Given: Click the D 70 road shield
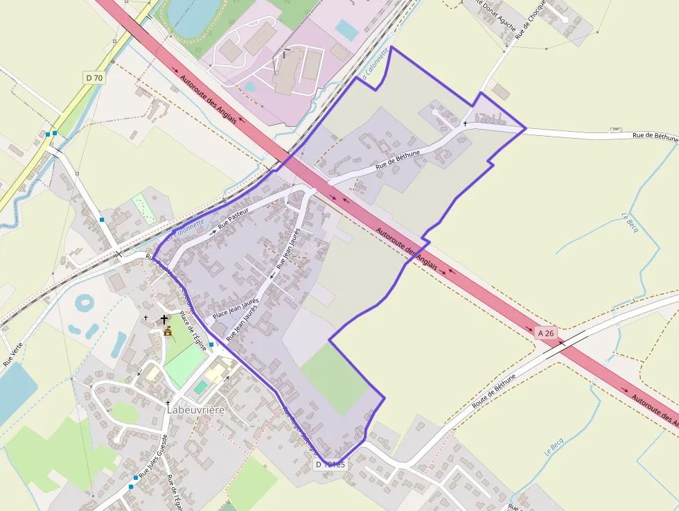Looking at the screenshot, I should coord(94,78).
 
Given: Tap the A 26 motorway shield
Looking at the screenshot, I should coord(547,333).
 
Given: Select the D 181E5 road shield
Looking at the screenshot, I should coord(330,465).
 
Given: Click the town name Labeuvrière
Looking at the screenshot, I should coord(196,410).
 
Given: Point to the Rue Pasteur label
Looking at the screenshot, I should coord(233,219).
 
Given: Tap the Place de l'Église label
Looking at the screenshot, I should coord(193,332).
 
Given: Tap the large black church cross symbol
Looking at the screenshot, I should coord(164,320).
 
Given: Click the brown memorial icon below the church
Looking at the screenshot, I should coord(167,331).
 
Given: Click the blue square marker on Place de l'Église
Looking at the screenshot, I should coord(211,344).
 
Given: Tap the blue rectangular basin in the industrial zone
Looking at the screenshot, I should coord(346,30).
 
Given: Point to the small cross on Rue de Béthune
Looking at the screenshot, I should coord(465,123).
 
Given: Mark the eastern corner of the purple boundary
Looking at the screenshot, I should coord(525,128).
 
